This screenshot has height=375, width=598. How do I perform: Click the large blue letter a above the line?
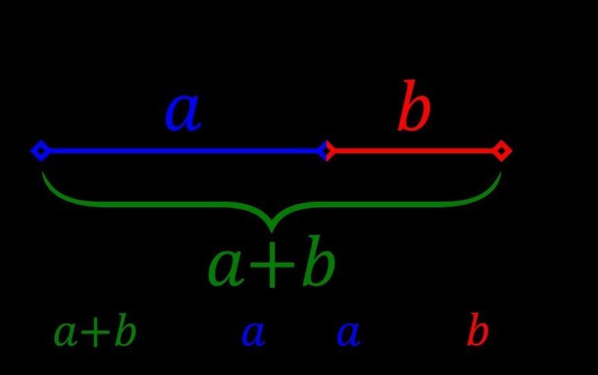click(183, 112)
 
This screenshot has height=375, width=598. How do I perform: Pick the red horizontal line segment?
click(415, 150)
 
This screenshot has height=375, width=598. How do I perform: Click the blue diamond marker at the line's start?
click(40, 150)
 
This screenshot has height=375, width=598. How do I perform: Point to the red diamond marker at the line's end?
click(502, 150)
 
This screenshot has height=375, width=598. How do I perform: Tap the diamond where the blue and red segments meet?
click(327, 150)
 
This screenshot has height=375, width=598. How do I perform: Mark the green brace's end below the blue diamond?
click(44, 173)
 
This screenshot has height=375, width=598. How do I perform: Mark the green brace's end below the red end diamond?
click(499, 173)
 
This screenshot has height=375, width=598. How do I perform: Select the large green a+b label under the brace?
click(271, 267)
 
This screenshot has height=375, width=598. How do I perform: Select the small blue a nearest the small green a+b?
click(253, 335)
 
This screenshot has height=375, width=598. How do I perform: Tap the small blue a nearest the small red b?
click(348, 335)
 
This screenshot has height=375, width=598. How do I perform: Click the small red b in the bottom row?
click(478, 332)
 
